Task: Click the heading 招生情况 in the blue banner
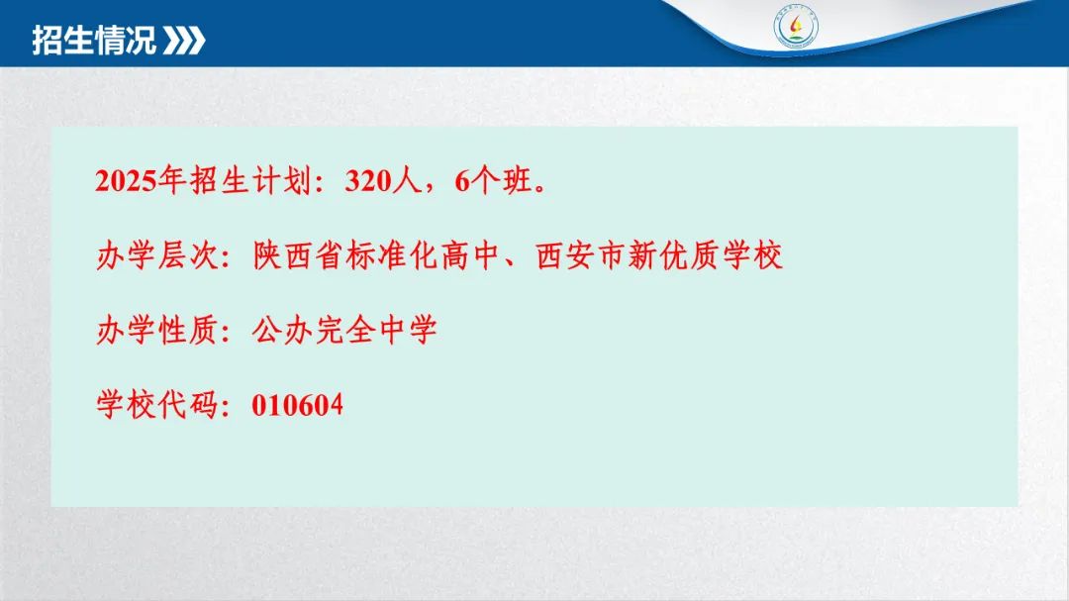(x=94, y=40)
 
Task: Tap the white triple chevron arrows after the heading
(x=184, y=41)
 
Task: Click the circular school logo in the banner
(x=796, y=28)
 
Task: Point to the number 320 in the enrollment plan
(x=368, y=181)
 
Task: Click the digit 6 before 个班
(x=463, y=181)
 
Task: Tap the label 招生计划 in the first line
(x=250, y=181)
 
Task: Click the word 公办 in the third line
(x=282, y=331)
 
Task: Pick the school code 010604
(x=297, y=405)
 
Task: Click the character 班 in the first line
(x=517, y=181)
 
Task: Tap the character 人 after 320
(x=408, y=181)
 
